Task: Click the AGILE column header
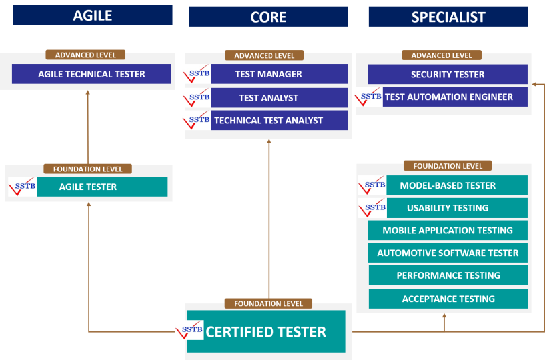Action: (x=93, y=15)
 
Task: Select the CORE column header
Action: (x=269, y=17)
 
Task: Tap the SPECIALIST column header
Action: (x=448, y=17)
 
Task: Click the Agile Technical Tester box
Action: (x=91, y=74)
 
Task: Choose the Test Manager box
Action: (x=279, y=74)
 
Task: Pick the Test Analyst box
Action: (x=279, y=98)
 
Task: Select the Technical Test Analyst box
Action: (x=279, y=121)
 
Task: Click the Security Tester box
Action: (x=448, y=74)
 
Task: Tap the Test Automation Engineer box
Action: (x=455, y=97)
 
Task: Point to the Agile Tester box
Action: (x=102, y=187)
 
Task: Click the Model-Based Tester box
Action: (x=457, y=185)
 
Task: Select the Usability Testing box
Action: (x=457, y=208)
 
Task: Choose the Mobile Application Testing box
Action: (x=448, y=230)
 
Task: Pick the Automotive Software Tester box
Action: (x=448, y=253)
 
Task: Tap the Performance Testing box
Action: (x=448, y=275)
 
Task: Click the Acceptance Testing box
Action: (x=448, y=299)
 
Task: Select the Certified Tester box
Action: (x=266, y=331)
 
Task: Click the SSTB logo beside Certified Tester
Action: (x=189, y=330)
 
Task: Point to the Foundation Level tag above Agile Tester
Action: (x=87, y=169)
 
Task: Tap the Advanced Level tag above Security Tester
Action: (x=442, y=55)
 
